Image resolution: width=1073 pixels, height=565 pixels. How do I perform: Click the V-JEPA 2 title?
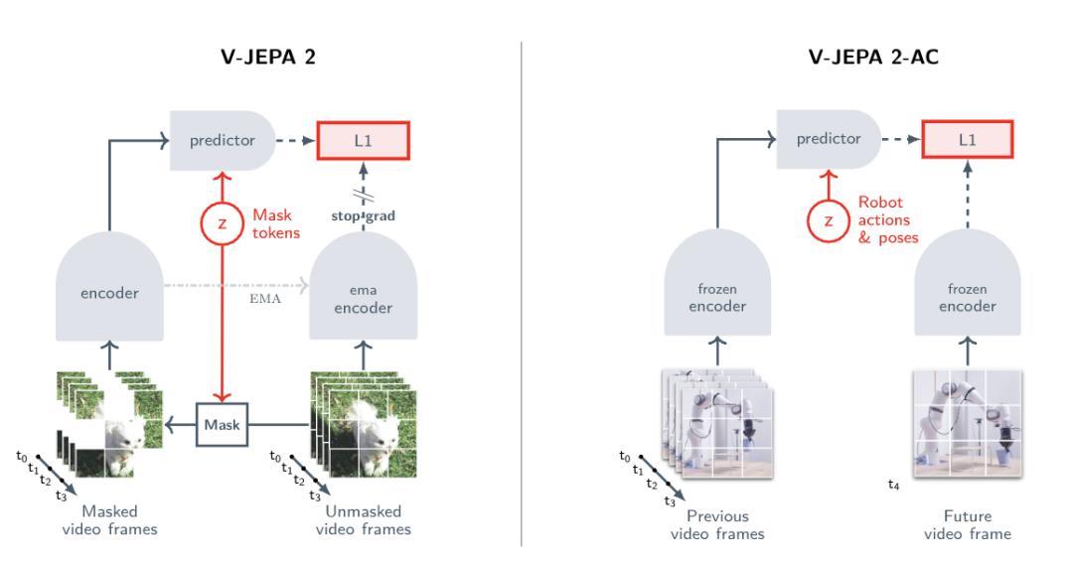click(x=268, y=56)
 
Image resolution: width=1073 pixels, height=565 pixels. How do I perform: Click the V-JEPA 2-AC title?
click(x=873, y=56)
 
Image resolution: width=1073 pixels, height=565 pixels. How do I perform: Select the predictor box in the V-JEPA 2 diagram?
click(x=223, y=140)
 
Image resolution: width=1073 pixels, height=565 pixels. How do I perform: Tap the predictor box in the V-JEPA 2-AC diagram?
click(x=828, y=139)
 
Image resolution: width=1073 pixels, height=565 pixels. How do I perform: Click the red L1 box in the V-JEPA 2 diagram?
click(x=363, y=140)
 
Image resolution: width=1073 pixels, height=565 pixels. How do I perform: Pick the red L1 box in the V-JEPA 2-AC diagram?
click(x=967, y=139)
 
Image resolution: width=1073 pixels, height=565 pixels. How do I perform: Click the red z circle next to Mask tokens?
click(x=223, y=223)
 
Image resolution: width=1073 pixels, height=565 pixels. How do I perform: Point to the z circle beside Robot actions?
click(x=829, y=220)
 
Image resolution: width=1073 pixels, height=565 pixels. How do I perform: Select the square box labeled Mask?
click(x=223, y=425)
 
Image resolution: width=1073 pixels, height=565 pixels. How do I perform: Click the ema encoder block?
click(x=364, y=287)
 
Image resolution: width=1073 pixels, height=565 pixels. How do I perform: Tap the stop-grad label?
click(x=364, y=216)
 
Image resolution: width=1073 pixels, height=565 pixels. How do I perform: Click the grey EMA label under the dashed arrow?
click(x=265, y=299)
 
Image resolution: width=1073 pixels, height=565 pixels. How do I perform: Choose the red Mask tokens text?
click(x=276, y=223)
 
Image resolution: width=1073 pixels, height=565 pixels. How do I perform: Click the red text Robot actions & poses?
click(x=888, y=220)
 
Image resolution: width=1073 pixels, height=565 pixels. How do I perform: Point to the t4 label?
click(x=894, y=485)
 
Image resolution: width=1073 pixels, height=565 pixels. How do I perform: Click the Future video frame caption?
click(x=967, y=524)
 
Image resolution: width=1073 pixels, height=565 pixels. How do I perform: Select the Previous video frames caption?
click(x=717, y=524)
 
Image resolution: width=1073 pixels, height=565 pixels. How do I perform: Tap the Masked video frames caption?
click(x=109, y=520)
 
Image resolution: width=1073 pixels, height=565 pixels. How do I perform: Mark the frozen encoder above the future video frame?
click(x=967, y=284)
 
